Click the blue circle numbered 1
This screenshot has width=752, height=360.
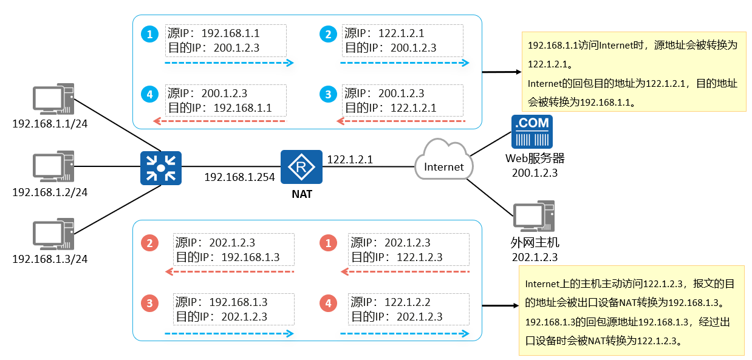(149, 34)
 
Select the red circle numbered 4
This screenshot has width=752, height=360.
(329, 303)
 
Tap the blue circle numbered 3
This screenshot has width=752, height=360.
(329, 94)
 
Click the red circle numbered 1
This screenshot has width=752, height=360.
(329, 243)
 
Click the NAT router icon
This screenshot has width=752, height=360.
(301, 167)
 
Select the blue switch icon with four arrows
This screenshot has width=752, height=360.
(160, 168)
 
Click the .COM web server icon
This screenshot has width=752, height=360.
(532, 132)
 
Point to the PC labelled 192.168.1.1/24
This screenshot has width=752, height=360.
(53, 100)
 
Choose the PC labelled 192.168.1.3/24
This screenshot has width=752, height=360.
(53, 235)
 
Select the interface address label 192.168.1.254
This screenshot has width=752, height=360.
(239, 177)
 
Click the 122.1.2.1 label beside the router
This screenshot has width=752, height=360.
(350, 160)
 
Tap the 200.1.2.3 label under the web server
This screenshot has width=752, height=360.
(535, 173)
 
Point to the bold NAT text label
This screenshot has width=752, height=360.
(301, 195)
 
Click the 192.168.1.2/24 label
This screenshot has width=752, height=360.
(50, 192)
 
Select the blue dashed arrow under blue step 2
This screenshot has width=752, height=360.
(405, 63)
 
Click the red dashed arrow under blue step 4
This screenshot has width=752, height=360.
(219, 121)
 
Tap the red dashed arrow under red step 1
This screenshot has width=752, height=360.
(405, 271)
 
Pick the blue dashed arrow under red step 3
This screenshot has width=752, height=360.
(229, 333)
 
